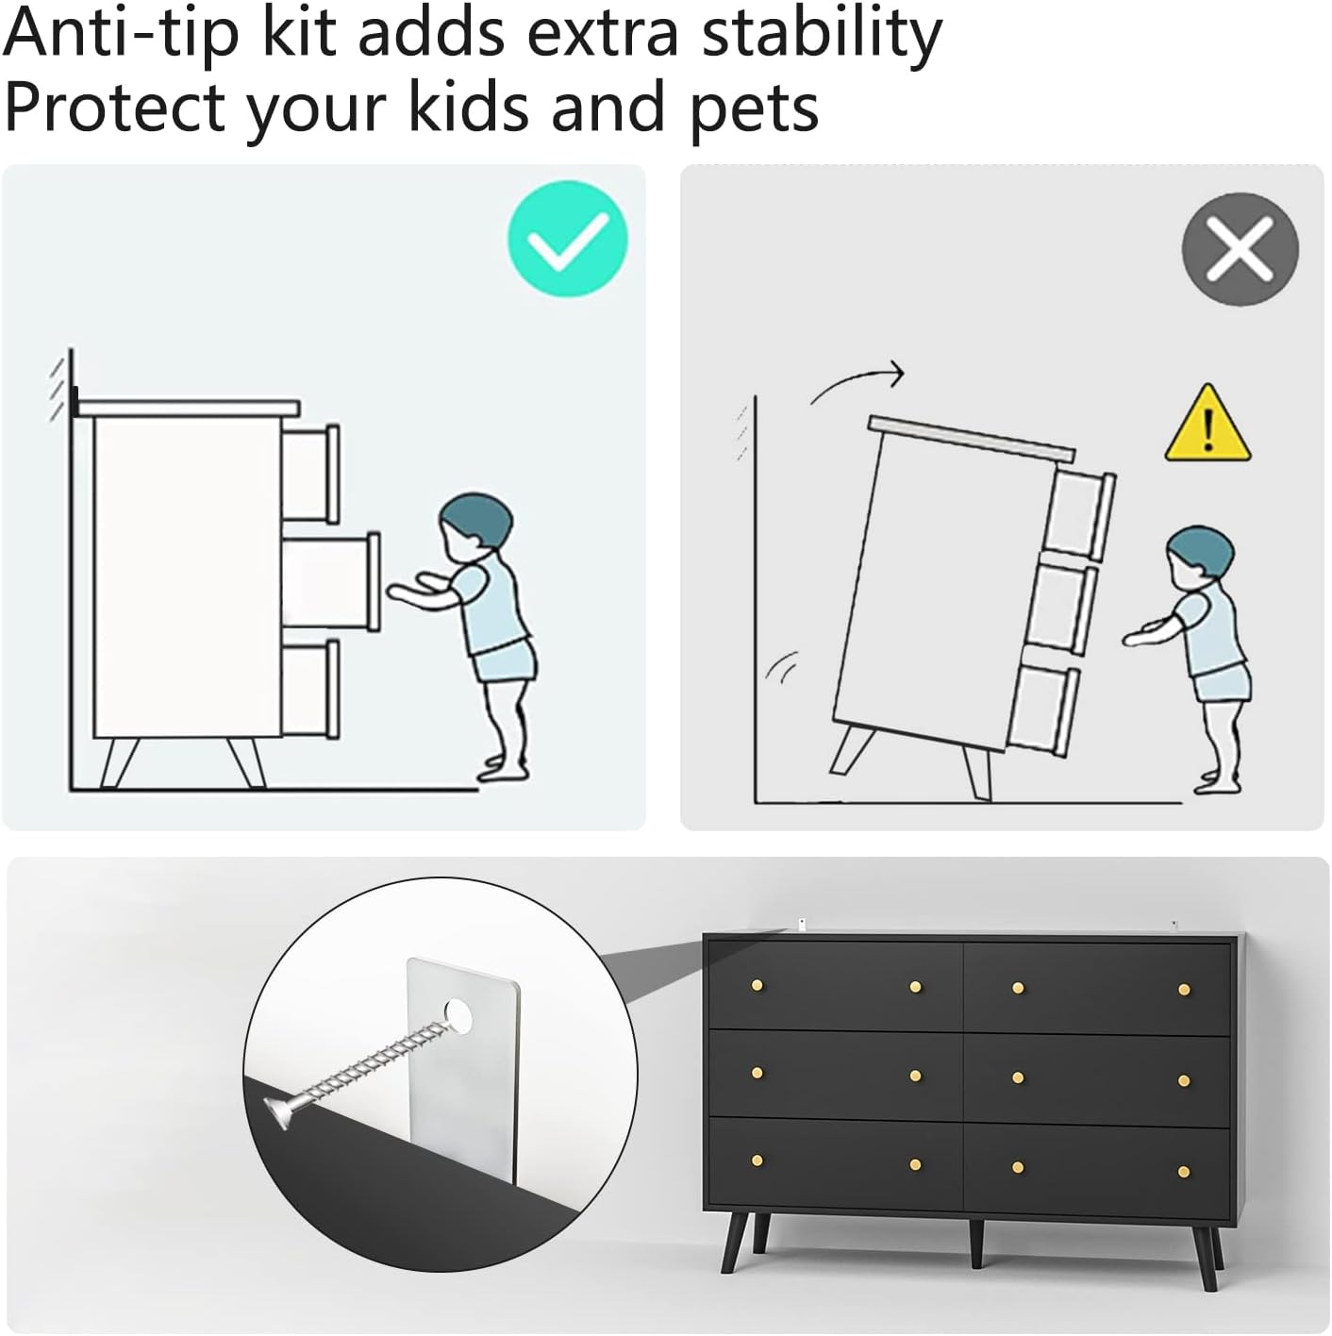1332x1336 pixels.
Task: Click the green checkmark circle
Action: [x=567, y=239]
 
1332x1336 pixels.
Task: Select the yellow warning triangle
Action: [x=1207, y=424]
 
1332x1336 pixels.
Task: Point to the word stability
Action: [x=822, y=35]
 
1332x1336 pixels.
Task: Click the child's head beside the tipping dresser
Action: [x=1199, y=555]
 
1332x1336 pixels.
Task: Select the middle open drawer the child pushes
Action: [x=331, y=581]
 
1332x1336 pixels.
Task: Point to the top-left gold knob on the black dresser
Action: [x=758, y=985]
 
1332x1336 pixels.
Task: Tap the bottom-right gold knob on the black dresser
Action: [x=1185, y=1172]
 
